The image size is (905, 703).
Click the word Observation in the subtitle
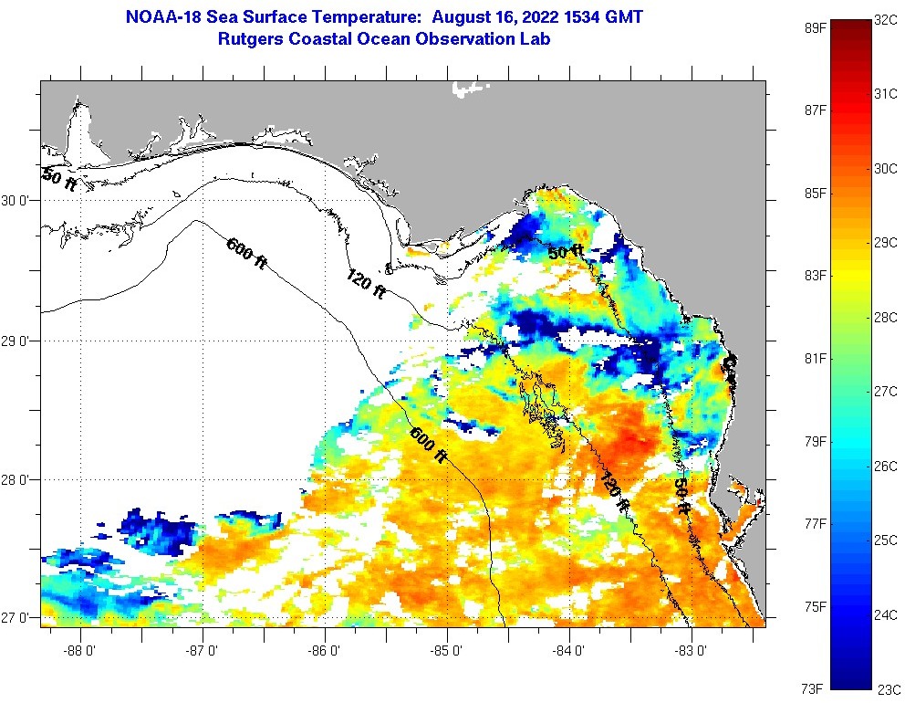click(473, 39)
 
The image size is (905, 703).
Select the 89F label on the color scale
click(815, 28)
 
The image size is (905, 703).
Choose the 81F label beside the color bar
click(815, 358)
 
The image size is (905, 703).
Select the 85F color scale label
click(815, 194)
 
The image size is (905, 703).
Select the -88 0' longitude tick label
click(80, 651)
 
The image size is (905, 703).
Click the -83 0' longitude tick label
click(692, 651)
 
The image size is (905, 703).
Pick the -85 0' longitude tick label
click(447, 651)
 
